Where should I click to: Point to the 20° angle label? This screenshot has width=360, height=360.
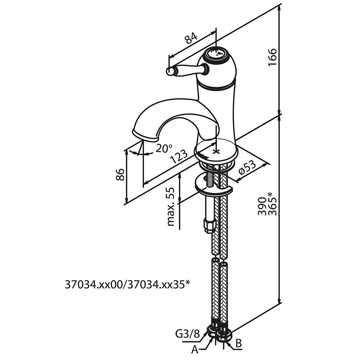click(x=164, y=148)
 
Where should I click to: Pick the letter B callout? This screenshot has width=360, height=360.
click(x=238, y=343)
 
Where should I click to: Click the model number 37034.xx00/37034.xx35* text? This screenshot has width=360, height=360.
click(x=127, y=285)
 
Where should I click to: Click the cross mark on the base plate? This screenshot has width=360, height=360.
click(x=216, y=151)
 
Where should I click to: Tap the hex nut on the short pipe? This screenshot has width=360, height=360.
click(x=209, y=226)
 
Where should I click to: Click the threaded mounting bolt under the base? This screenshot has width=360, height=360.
click(x=208, y=179)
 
